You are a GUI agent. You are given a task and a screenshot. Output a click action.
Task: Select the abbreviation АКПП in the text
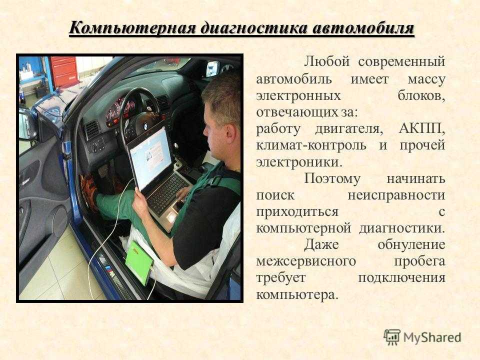tap(422, 128)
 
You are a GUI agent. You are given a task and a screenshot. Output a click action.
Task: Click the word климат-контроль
tap(311, 145)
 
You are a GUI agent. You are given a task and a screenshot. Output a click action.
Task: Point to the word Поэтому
tap(332, 179)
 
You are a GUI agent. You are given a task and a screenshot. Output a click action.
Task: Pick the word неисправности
tap(396, 195)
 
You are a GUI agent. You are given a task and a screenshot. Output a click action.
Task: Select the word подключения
tap(401, 278)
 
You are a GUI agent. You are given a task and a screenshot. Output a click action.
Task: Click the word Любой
tap(326, 61)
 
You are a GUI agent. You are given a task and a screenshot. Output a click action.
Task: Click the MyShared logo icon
tap(392, 337)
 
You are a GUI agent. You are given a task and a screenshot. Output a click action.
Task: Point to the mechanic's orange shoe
tap(89, 192)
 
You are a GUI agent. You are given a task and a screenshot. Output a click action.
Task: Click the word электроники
tap(299, 162)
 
